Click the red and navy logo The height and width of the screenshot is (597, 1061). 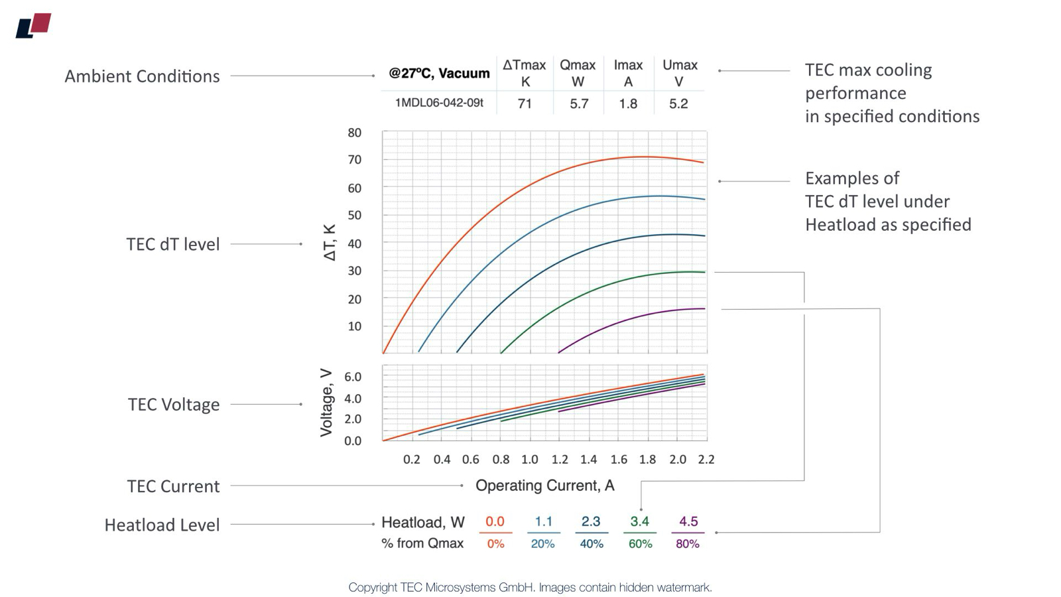(33, 26)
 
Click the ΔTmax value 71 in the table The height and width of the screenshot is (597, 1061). (525, 103)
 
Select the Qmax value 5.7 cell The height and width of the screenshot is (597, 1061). (579, 103)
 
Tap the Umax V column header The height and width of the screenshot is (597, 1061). (680, 73)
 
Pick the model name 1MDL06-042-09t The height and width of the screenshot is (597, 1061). (439, 103)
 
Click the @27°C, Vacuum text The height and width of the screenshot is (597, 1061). (439, 73)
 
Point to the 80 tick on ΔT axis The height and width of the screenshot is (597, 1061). (355, 133)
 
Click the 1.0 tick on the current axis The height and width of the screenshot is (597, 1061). (529, 459)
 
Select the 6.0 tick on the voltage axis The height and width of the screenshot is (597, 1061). (353, 377)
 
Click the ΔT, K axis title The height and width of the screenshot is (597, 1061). (330, 243)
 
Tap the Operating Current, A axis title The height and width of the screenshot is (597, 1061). (544, 486)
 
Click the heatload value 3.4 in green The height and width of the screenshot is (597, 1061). (639, 521)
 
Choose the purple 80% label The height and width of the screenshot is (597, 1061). (688, 544)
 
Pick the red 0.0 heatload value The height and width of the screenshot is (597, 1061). (495, 521)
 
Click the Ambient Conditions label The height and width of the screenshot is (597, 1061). (142, 76)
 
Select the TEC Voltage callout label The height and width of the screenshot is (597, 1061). (173, 405)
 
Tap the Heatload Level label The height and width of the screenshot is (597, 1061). (162, 525)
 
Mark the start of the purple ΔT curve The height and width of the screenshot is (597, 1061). (559, 352)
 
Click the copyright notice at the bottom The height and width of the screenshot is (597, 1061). (530, 587)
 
